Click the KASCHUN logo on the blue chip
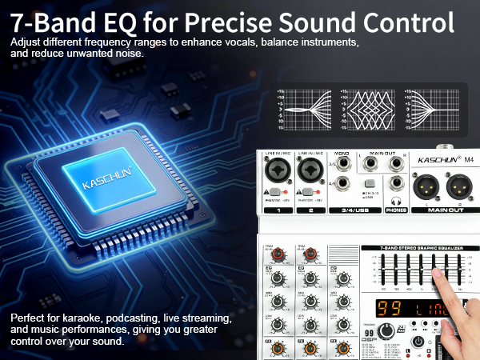click(x=105, y=183)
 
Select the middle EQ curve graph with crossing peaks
click(x=366, y=109)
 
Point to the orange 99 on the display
click(x=389, y=307)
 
